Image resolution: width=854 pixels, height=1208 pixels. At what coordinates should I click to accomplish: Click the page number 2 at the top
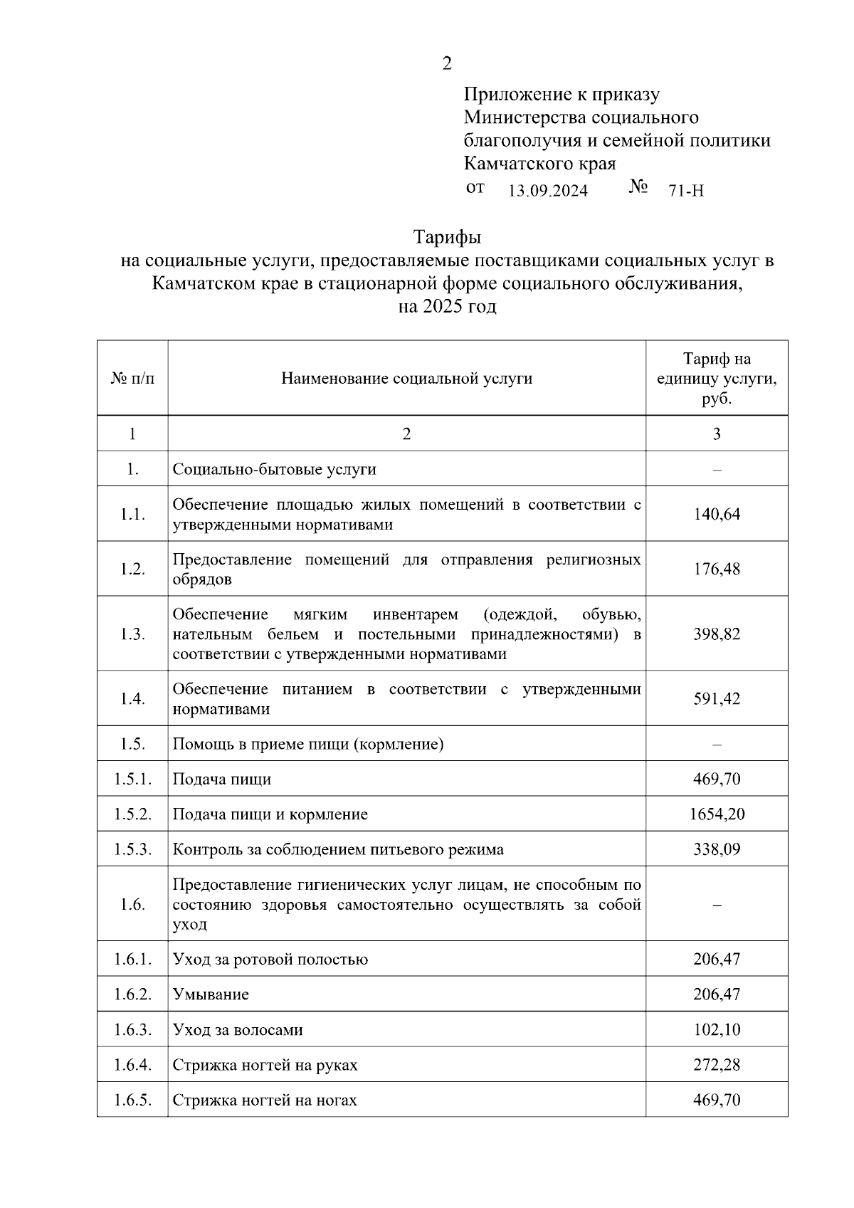tap(446, 64)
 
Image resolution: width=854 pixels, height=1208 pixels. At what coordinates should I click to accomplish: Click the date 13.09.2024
tap(548, 191)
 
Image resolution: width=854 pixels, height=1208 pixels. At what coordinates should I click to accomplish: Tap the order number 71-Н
tap(686, 191)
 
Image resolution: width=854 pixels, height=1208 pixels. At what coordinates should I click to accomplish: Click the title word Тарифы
tap(447, 236)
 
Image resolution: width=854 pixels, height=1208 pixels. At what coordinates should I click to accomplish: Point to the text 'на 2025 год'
tap(447, 307)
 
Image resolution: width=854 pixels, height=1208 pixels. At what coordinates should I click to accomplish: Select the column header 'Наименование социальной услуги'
tap(406, 378)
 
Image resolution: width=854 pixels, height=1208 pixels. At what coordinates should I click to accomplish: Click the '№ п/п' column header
tap(132, 378)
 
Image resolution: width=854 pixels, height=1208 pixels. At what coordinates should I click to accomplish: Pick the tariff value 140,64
tap(717, 514)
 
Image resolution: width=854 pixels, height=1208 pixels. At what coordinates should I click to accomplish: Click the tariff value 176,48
tap(717, 569)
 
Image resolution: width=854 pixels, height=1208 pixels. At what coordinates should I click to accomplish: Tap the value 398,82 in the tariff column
tap(717, 634)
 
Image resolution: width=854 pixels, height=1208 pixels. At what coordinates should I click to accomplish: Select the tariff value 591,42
tap(717, 698)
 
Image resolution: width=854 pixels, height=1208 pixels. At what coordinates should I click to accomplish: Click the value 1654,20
tap(717, 814)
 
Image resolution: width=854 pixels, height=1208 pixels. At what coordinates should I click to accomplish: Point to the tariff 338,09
tap(717, 849)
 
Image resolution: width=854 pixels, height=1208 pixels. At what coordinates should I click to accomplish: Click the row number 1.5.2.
tap(132, 814)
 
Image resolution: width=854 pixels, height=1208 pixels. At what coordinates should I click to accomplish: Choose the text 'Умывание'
tap(211, 994)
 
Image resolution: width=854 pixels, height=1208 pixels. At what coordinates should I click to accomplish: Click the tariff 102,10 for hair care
tap(717, 1029)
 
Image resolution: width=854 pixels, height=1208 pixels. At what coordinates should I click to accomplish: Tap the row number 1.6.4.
tap(132, 1065)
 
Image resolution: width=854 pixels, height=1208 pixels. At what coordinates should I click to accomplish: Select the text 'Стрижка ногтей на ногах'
tap(265, 1100)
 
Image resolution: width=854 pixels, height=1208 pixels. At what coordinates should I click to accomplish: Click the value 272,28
tap(717, 1065)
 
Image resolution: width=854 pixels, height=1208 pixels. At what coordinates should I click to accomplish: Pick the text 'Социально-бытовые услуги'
tap(274, 469)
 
